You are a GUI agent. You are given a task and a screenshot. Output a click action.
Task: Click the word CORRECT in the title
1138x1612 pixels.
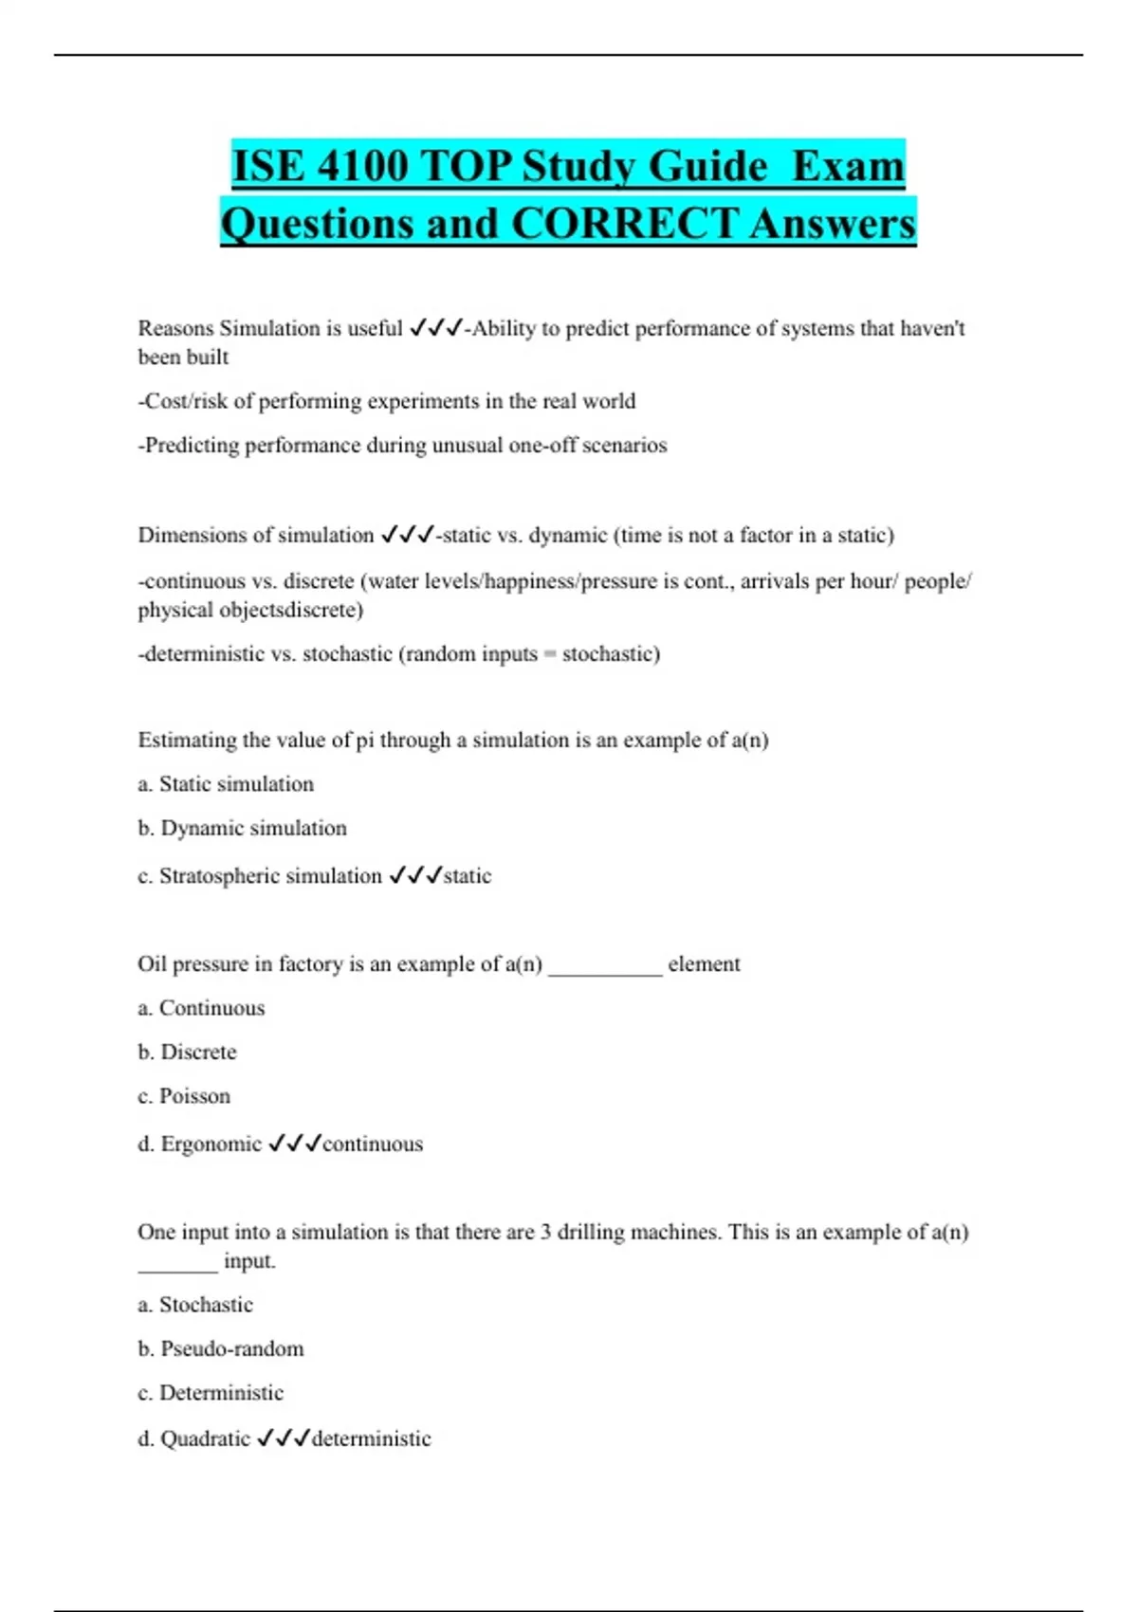tap(624, 225)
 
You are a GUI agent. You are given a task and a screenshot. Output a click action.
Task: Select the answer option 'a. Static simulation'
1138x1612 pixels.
tap(226, 784)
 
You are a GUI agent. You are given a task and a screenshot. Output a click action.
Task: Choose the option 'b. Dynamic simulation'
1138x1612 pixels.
tap(242, 828)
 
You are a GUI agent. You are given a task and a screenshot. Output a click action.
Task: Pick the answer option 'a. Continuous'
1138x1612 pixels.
tap(201, 1008)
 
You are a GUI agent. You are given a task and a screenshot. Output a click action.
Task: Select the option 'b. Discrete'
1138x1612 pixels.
tap(187, 1052)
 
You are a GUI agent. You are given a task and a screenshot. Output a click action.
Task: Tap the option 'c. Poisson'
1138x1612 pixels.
tap(184, 1096)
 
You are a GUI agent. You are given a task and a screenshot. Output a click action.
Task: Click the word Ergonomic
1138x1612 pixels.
tap(211, 1145)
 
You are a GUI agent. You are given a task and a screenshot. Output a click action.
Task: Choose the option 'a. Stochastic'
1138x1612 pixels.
tap(195, 1305)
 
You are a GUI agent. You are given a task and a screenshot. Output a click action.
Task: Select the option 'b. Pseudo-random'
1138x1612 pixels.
tap(221, 1348)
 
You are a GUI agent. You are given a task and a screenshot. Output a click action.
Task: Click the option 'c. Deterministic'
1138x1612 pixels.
tap(211, 1393)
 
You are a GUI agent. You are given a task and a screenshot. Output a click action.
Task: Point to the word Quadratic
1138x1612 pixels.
tap(205, 1439)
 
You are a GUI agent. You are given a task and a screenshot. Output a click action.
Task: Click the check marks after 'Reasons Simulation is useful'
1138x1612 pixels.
tap(435, 329)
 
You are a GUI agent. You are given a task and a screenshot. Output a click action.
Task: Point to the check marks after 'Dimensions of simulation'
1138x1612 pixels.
tap(407, 536)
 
